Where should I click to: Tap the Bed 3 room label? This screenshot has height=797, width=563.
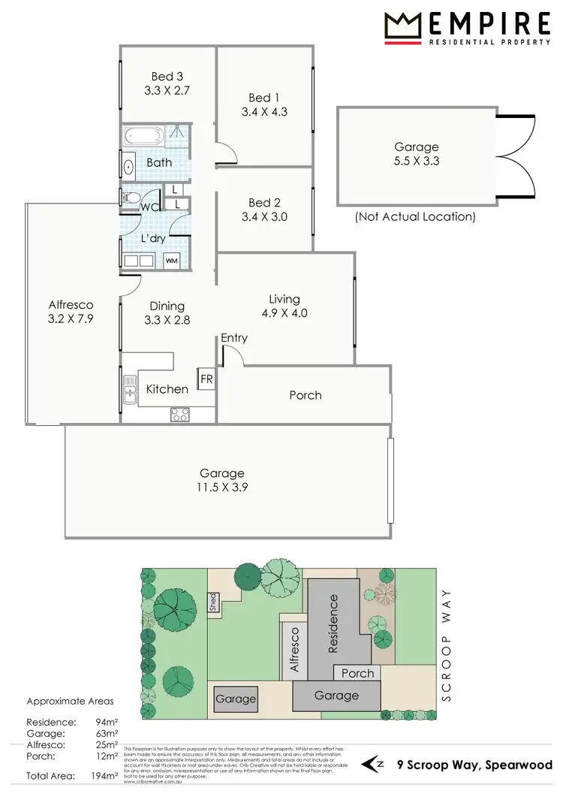tap(167, 76)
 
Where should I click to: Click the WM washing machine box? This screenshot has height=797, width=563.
tap(172, 261)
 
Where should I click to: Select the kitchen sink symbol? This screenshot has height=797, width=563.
tap(131, 389)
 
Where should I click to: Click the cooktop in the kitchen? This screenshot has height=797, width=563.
tap(180, 414)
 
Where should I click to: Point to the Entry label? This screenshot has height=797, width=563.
tap(234, 338)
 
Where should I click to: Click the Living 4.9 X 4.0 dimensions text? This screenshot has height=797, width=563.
tap(285, 314)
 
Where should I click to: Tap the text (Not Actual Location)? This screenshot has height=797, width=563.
tap(415, 217)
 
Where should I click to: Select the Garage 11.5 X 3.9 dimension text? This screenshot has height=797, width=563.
tap(222, 487)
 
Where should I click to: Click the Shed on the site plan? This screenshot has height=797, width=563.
tap(213, 602)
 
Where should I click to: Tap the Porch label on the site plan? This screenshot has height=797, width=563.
tap(357, 673)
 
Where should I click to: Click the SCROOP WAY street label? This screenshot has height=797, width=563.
tap(449, 645)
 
